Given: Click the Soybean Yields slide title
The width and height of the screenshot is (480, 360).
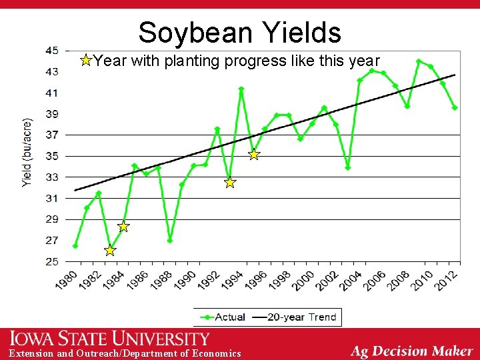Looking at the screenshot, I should point(239,32).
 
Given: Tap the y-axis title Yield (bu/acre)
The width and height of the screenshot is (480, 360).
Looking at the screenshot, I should point(27,154).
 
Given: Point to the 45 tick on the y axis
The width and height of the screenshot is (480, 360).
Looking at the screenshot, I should point(51,51).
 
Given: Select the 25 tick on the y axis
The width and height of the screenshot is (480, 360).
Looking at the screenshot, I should point(51,261).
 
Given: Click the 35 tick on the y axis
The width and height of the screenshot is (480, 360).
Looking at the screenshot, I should point(51,156).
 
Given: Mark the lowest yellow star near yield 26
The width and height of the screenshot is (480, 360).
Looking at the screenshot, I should point(110,251).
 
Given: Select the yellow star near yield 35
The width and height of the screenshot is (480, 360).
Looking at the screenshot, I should point(253,155).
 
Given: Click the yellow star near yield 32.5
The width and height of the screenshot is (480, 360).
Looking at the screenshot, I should point(229,182).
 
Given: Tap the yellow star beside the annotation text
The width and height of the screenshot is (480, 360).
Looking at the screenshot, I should point(85,61).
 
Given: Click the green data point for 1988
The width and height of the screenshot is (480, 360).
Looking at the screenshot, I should point(170,240).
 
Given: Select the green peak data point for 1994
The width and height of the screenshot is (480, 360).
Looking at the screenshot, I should point(241,89).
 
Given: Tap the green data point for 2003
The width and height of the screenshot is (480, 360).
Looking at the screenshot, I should point(347,167).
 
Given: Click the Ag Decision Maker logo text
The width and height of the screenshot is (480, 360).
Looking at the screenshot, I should point(412,351).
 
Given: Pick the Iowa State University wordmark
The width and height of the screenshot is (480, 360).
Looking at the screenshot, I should point(109,339).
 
